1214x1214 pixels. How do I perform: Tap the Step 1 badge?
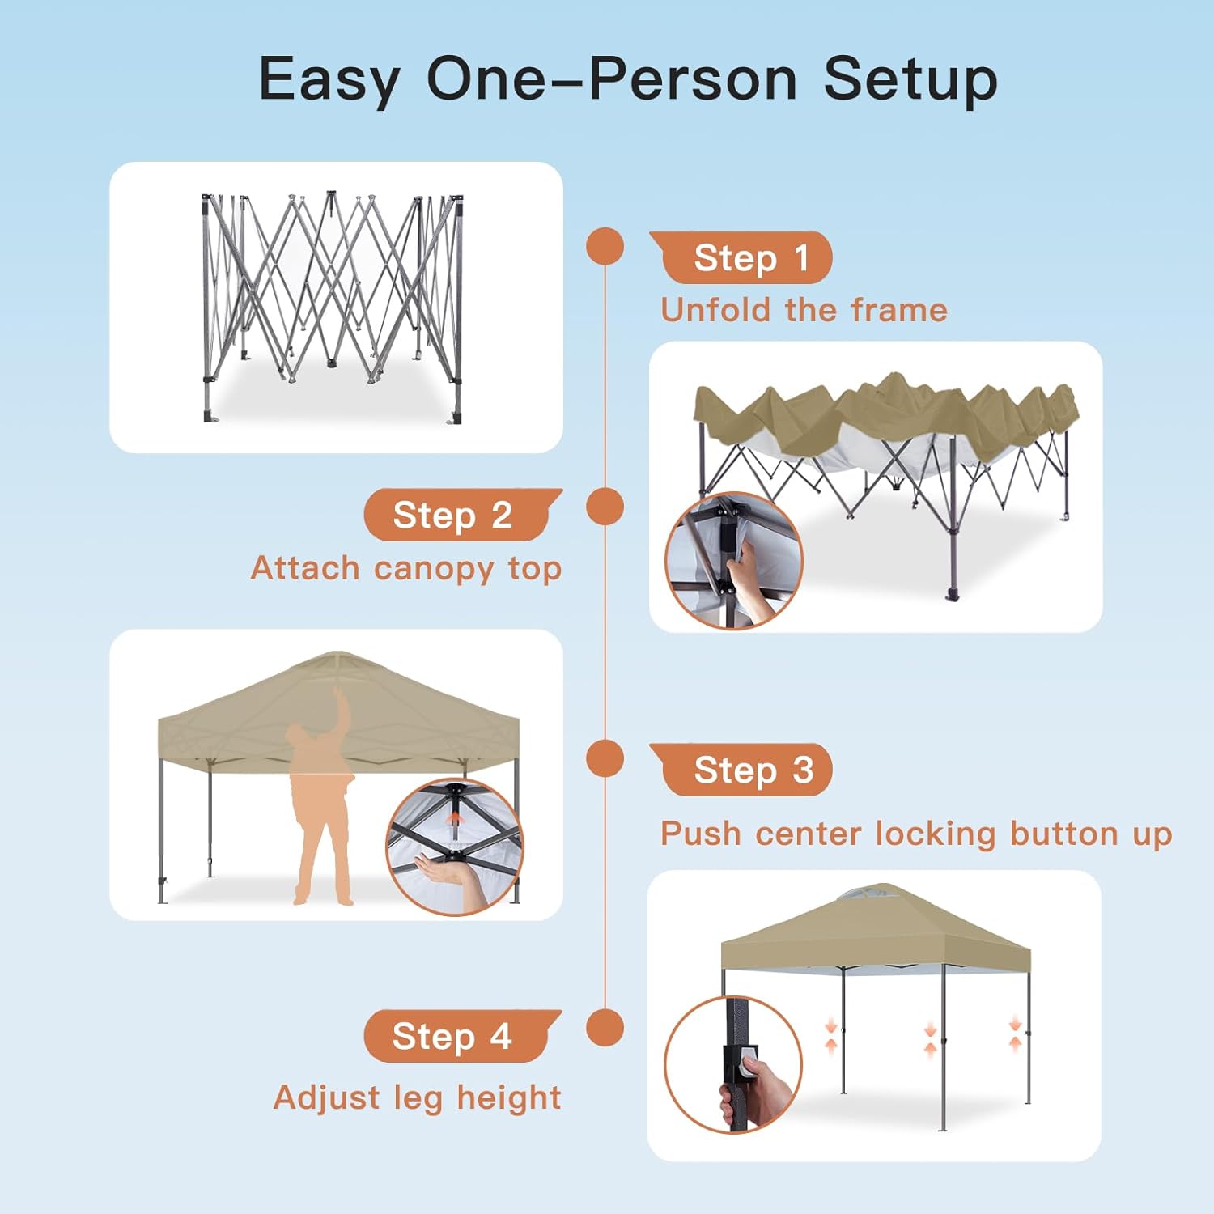pyautogui.click(x=741, y=257)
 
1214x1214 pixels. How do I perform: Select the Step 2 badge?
pyautogui.click(x=463, y=515)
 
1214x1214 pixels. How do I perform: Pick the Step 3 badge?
pyautogui.click(x=741, y=770)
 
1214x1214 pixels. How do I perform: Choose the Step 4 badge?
pyautogui.click(x=463, y=1036)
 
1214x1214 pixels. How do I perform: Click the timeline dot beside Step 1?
pyautogui.click(x=605, y=246)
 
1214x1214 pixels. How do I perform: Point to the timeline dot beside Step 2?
pyautogui.click(x=605, y=507)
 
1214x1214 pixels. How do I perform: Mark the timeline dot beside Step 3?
pyautogui.click(x=605, y=758)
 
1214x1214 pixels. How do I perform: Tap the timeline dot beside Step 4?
pyautogui.click(x=605, y=1028)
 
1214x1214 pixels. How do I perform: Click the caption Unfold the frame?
pyautogui.click(x=804, y=310)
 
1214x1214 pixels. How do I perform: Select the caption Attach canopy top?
pyautogui.click(x=406, y=569)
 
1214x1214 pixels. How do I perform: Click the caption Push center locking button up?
pyautogui.click(x=916, y=834)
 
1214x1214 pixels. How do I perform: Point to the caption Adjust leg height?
pyautogui.click(x=418, y=1098)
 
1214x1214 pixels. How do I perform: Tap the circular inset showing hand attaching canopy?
pyautogui.click(x=733, y=560)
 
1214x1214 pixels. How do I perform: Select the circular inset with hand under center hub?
pyautogui.click(x=454, y=847)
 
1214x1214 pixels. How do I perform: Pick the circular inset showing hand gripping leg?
pyautogui.click(x=733, y=1064)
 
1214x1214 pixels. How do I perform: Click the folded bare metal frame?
pyautogui.click(x=332, y=307)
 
